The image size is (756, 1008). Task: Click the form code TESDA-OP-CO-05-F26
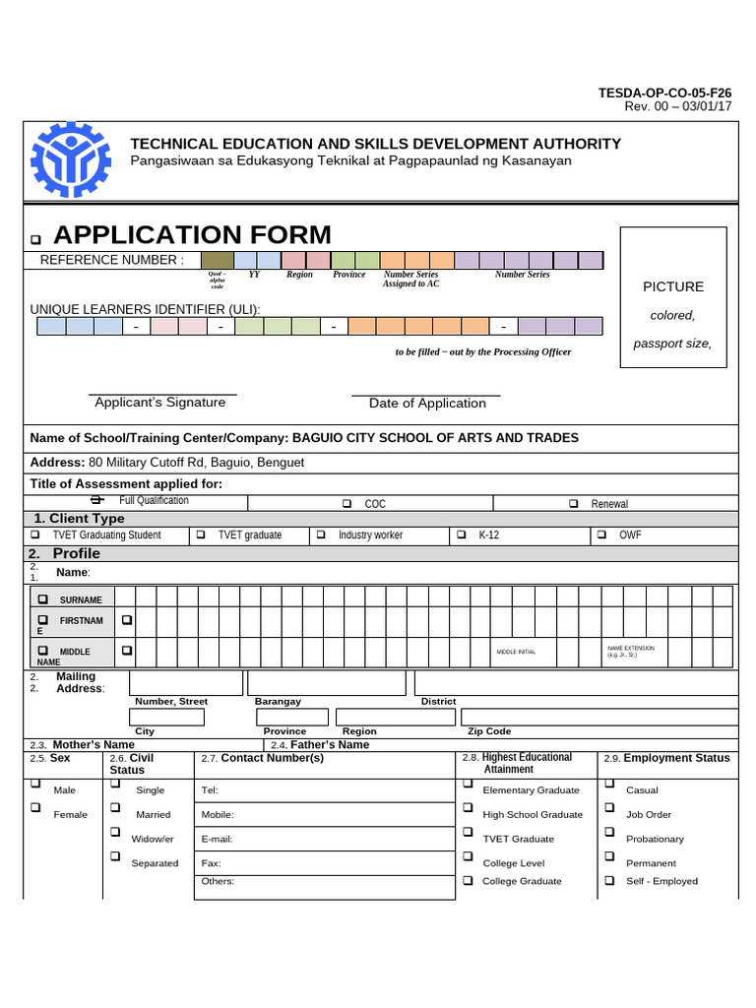coord(664,94)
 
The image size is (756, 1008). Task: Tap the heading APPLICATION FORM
coord(192,235)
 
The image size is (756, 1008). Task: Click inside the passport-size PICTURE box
coord(673,297)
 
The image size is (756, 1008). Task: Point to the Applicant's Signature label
coord(159,403)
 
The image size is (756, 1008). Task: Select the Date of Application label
coord(427,404)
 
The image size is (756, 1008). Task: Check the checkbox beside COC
coord(347,504)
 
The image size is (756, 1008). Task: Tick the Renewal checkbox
coord(574,504)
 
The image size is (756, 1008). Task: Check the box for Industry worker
coord(321,535)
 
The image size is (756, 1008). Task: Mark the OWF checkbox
coord(601,535)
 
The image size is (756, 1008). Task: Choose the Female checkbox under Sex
coord(36,807)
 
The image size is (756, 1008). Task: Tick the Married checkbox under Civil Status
coord(115,807)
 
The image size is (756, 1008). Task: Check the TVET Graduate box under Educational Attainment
coord(468,832)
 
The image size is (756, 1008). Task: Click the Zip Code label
coord(489,731)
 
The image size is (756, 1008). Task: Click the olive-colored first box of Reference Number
coord(216,260)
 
